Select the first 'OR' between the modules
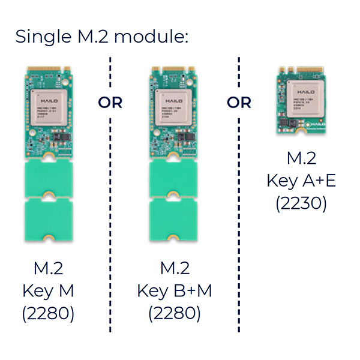coord(110,103)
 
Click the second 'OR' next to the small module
coord(239,103)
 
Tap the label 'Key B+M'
coord(174,291)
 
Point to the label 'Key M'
coord(48,291)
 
